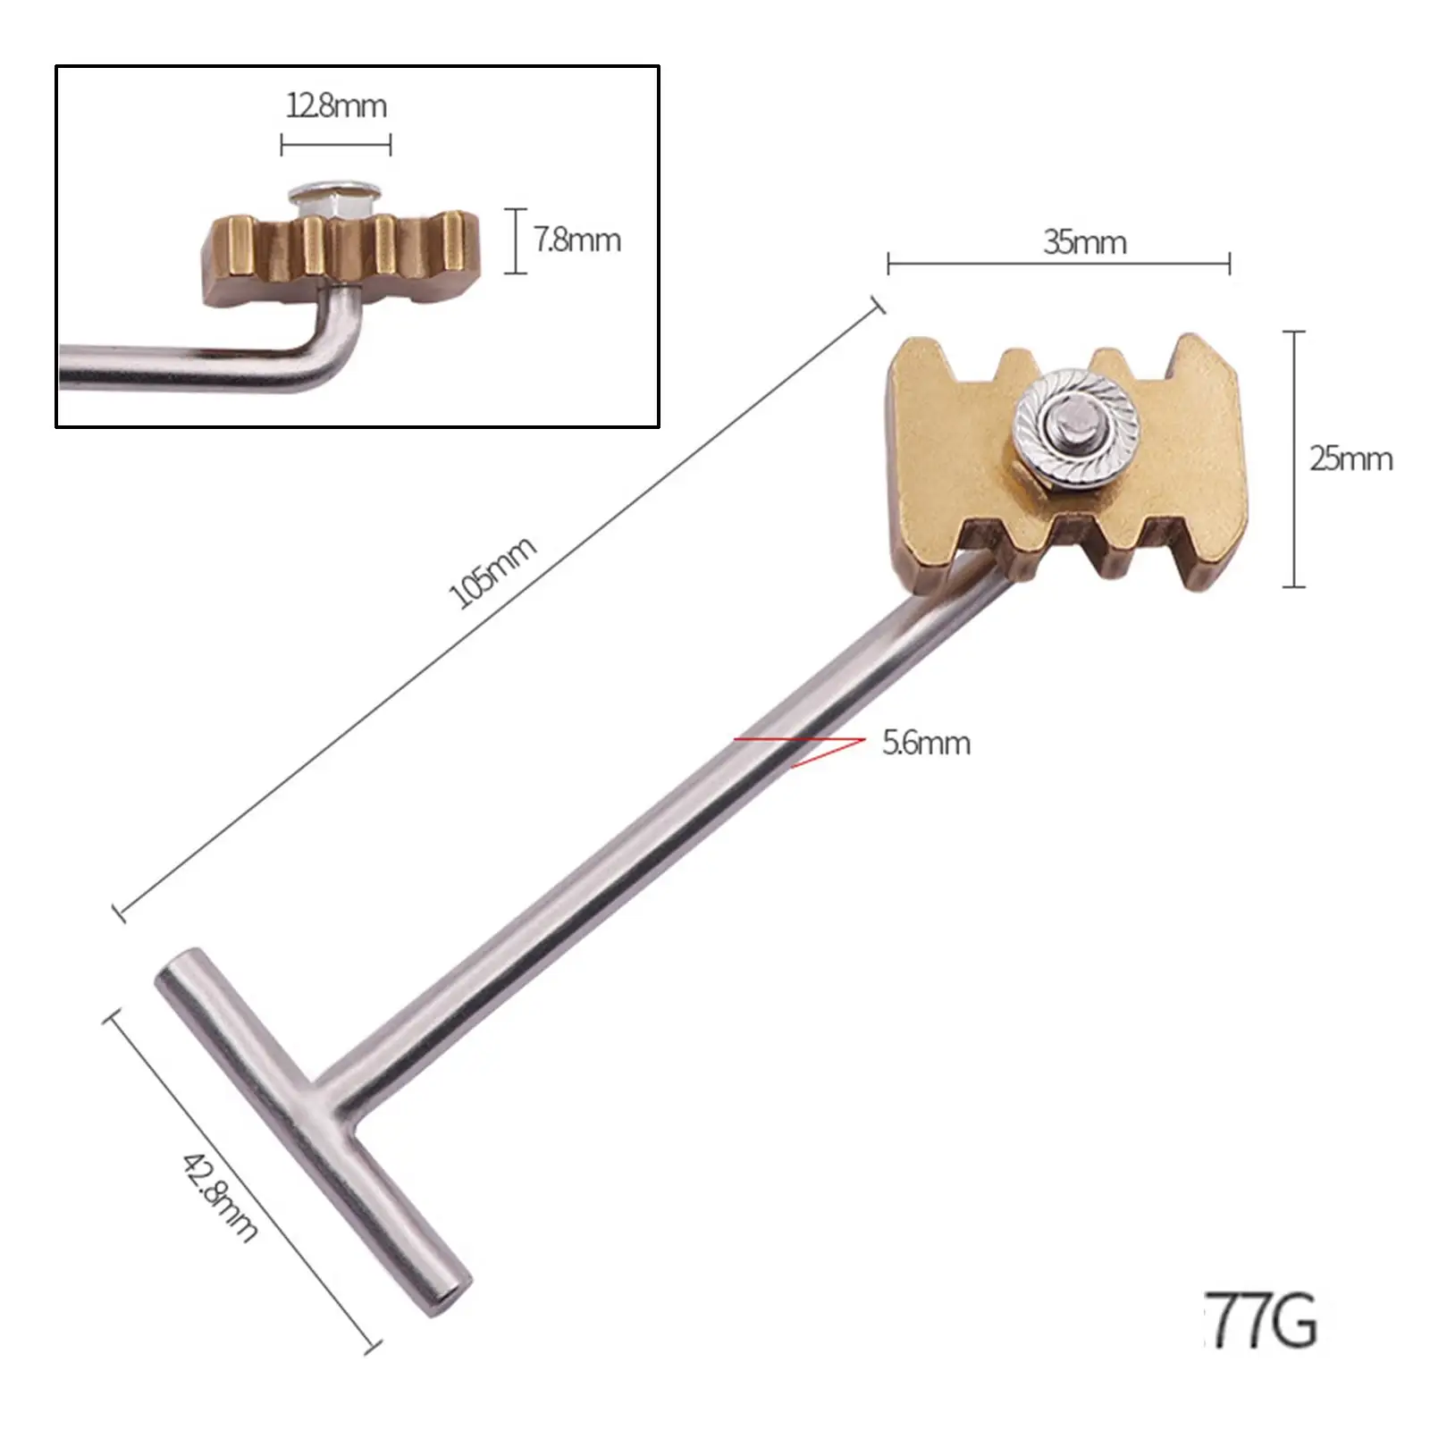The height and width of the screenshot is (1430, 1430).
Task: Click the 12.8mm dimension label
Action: (x=336, y=106)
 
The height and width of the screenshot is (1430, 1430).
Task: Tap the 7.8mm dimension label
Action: (x=577, y=240)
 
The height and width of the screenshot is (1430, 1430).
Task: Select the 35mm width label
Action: (x=1084, y=242)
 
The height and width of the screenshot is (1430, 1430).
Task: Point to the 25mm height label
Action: (x=1350, y=458)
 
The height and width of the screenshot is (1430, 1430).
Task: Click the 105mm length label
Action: (x=492, y=572)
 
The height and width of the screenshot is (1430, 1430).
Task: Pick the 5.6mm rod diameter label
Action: (x=926, y=743)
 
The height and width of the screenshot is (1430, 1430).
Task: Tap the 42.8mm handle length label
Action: (x=220, y=1197)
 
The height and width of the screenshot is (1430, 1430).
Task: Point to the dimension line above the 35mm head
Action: (x=1058, y=264)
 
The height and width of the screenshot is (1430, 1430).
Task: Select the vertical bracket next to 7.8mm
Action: (x=516, y=240)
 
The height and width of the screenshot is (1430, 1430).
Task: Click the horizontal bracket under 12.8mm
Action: (x=336, y=144)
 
